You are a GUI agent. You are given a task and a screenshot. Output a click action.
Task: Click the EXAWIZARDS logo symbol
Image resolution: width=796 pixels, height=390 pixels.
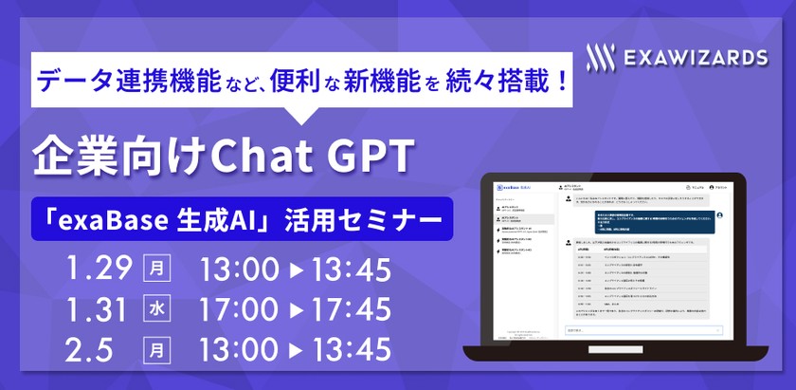click(x=598, y=57)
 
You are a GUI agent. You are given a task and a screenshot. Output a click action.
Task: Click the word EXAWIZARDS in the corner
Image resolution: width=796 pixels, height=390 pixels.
click(x=696, y=58)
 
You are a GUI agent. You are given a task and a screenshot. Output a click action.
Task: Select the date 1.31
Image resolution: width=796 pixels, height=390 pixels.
click(x=99, y=309)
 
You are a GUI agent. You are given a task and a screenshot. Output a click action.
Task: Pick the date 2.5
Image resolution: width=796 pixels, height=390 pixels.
click(x=89, y=347)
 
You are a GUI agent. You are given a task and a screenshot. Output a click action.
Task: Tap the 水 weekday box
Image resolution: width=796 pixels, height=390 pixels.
click(x=156, y=309)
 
